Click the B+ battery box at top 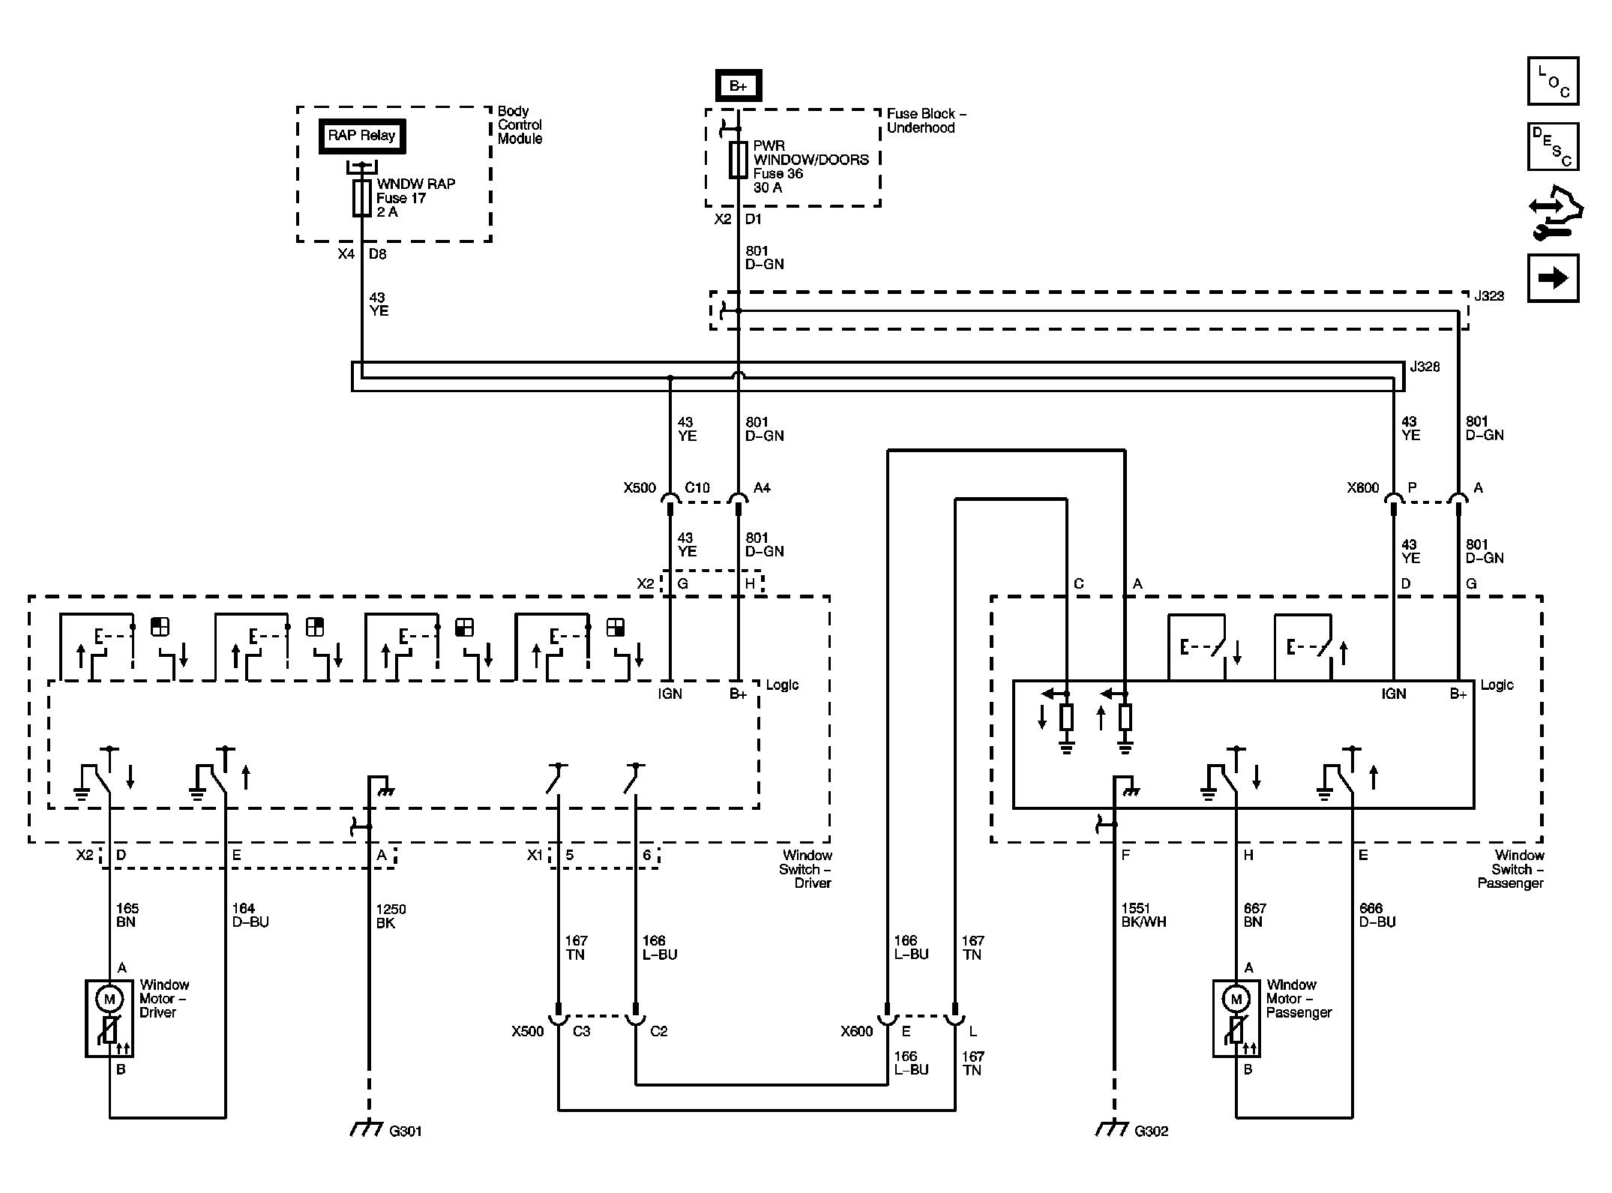pos(738,85)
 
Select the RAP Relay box pos(362,136)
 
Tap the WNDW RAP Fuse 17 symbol pos(362,198)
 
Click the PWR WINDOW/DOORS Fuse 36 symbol pos(739,160)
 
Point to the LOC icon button pos(1553,81)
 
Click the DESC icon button pos(1553,147)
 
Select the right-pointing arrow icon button pos(1553,278)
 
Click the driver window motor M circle pos(109,999)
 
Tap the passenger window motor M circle pos(1236,999)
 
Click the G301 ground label pos(406,1131)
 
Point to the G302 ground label pos(1151,1131)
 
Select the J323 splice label pos(1489,296)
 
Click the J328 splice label pos(1425,367)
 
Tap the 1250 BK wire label pos(391,916)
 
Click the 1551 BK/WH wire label pos(1144,916)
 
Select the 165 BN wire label pos(127,915)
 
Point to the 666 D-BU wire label pos(1377,915)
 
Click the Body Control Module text pos(520,125)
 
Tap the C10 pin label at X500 pos(697,487)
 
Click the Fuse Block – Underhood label pos(927,121)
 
